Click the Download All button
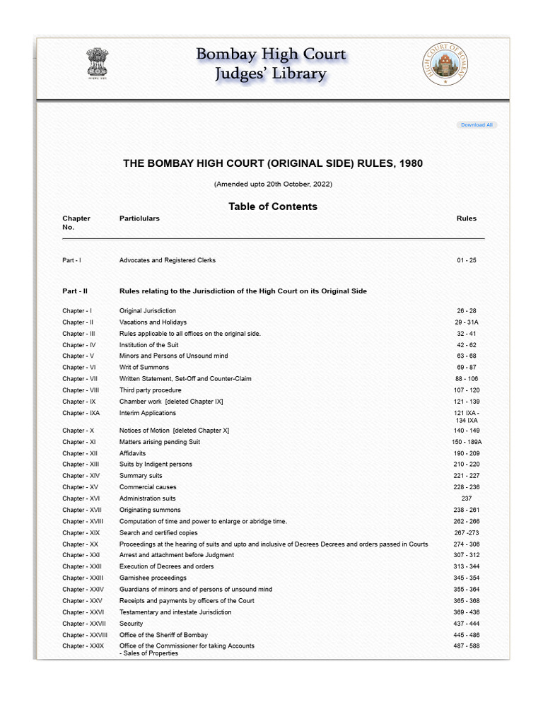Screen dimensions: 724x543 pyautogui.click(x=477, y=125)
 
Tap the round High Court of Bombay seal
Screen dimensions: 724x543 pyautogui.click(x=445, y=64)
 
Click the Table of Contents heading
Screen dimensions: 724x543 pyautogui.click(x=273, y=206)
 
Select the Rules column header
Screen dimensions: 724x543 pyautogui.click(x=467, y=218)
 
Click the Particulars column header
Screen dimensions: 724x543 pyautogui.click(x=139, y=218)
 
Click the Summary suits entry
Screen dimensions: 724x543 pyautogui.click(x=141, y=476)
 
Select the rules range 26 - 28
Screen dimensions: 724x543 pyautogui.click(x=467, y=311)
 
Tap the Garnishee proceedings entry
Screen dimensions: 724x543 pyautogui.click(x=153, y=578)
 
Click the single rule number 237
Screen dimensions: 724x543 pyautogui.click(x=467, y=498)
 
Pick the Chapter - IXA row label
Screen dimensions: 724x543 pyautogui.click(x=81, y=413)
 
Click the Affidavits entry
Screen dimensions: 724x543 pyautogui.click(x=133, y=453)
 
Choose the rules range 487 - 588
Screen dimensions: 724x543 pyautogui.click(x=467, y=646)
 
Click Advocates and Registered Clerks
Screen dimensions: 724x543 pyautogui.click(x=168, y=260)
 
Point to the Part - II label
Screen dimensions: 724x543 pyautogui.click(x=75, y=291)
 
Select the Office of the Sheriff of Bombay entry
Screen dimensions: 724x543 pyautogui.click(x=163, y=635)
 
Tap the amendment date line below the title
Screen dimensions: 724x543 pyautogui.click(x=273, y=185)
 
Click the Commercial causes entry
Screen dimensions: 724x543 pyautogui.click(x=148, y=487)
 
